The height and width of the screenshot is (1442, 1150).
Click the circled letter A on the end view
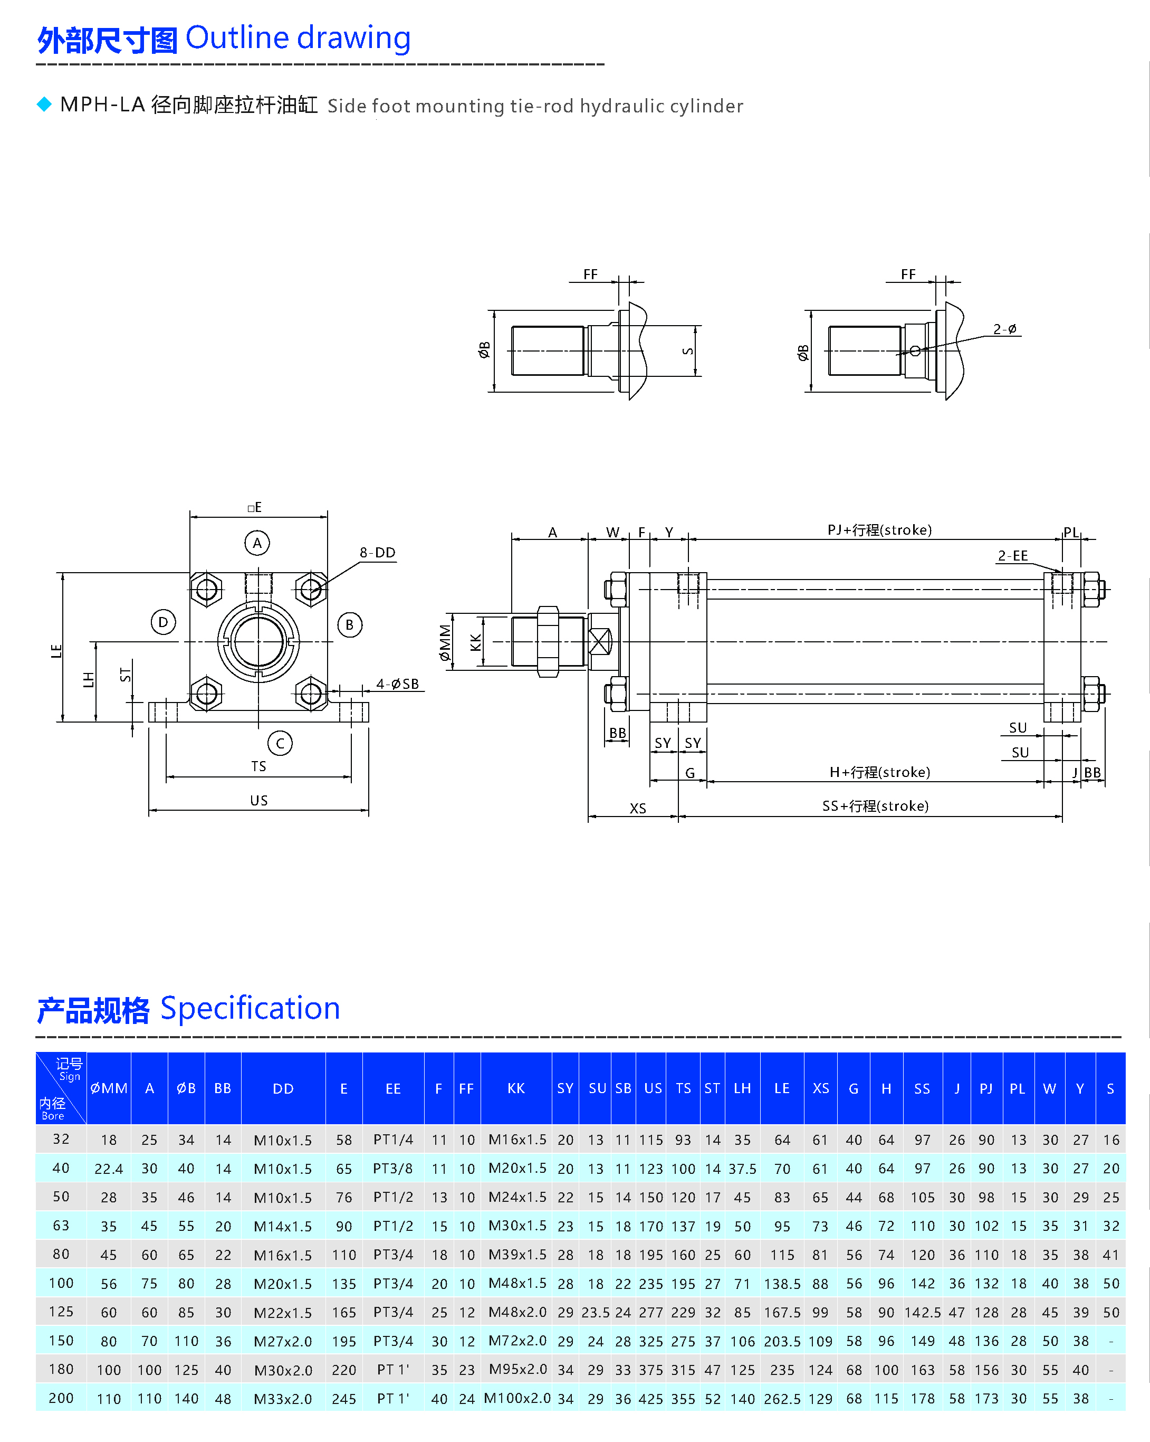pos(257,543)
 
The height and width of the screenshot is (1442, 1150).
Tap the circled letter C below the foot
pos(280,743)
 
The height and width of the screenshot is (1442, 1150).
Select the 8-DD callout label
pos(378,553)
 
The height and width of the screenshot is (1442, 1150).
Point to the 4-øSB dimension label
pos(397,684)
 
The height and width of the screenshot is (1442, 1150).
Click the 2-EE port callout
pos(1012,556)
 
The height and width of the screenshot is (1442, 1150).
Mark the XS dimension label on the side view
pos(638,808)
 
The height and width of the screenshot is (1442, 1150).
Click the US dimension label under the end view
pos(258,800)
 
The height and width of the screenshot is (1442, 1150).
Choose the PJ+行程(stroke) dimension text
pos(879,530)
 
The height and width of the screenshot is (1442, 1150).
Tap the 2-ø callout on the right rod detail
pos(1004,329)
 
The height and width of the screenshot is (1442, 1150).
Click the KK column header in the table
pos(515,1088)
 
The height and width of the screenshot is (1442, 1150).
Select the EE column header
pos(393,1088)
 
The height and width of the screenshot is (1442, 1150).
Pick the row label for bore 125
pos(61,1311)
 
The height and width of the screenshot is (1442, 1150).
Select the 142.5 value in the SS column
pos(922,1312)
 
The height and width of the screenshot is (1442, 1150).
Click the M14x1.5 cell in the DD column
pos(283,1226)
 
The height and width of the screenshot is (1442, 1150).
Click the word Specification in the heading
pos(250,1008)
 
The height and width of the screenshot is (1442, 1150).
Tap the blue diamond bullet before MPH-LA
pos(44,105)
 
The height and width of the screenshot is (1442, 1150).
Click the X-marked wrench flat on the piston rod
pos(600,642)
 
